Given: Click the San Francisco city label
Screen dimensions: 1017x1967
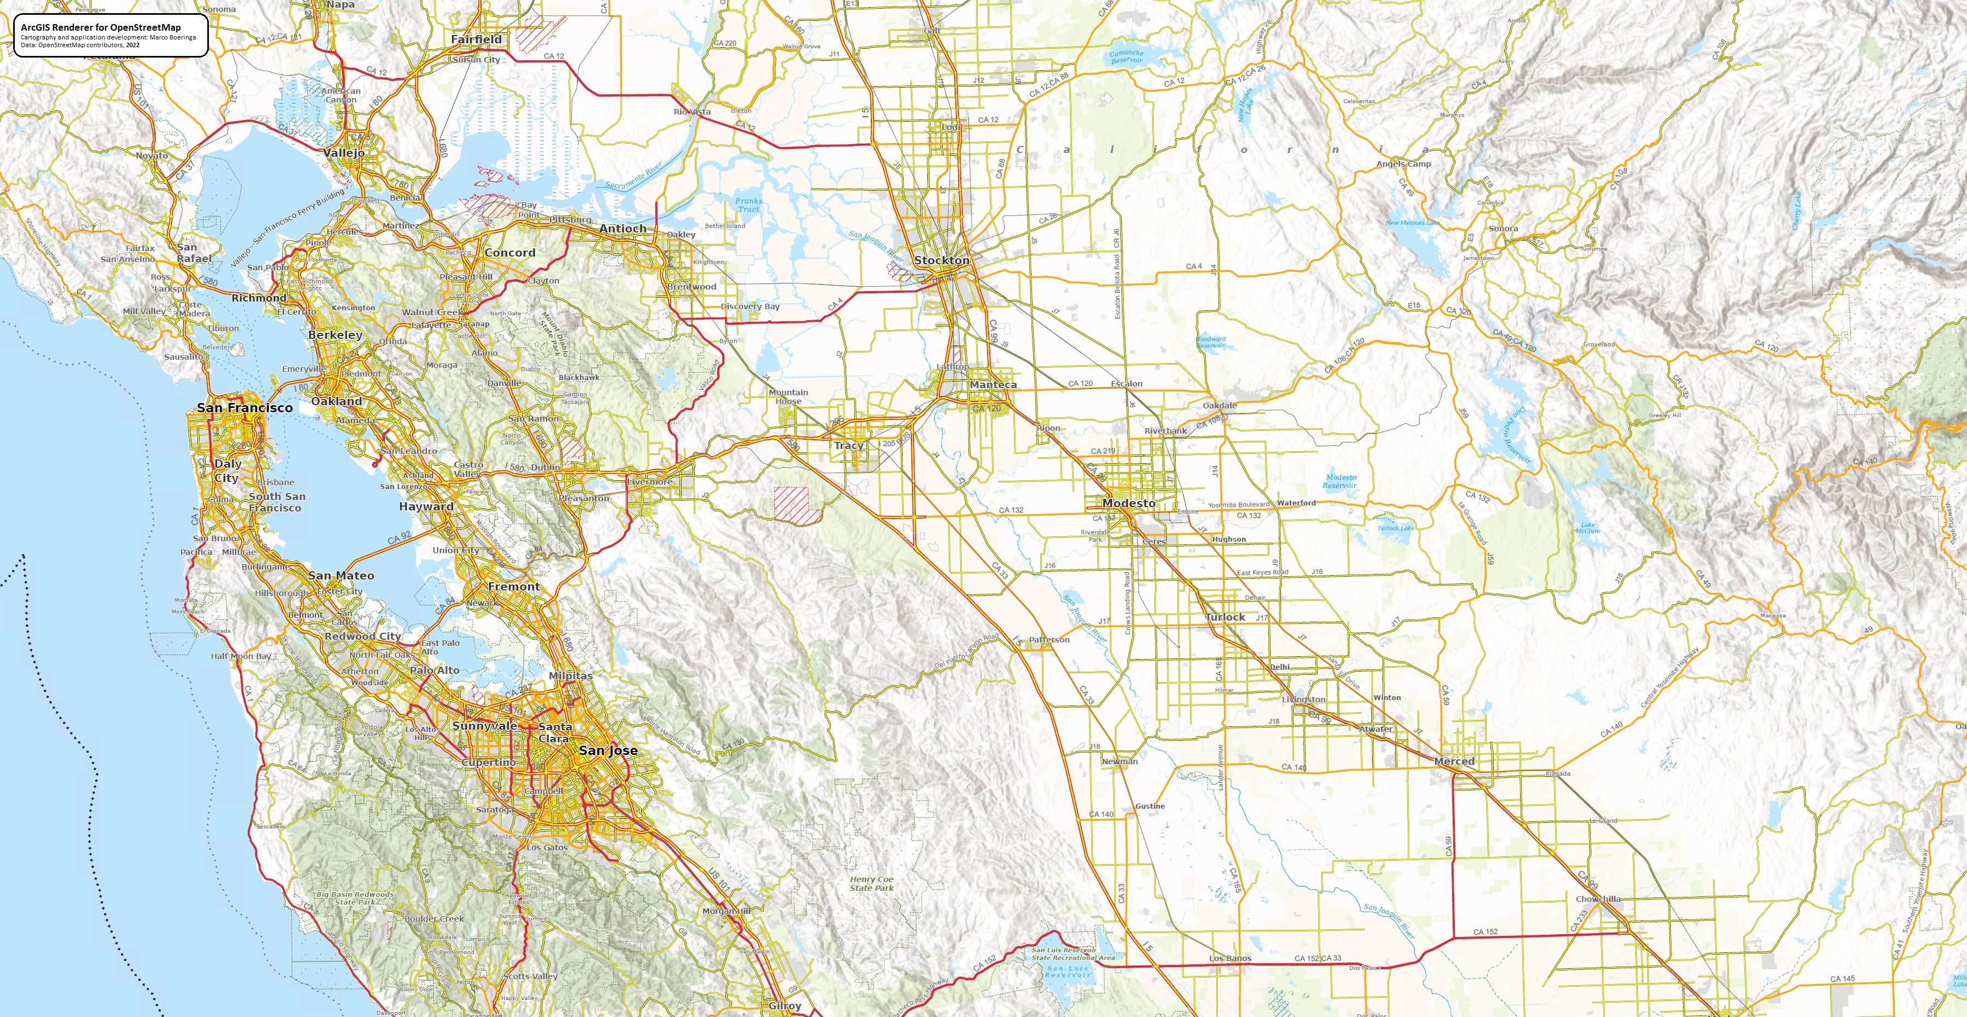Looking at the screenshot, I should pos(245,408).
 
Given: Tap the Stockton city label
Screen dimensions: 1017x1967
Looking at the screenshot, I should pos(942,260).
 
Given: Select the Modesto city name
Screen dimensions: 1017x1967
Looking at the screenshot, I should pos(1129,503).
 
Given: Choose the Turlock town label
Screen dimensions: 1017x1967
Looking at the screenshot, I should pos(1225,617).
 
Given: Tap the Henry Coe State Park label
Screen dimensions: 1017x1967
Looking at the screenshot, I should pos(871,883).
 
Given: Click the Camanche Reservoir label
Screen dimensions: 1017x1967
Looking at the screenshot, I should pos(1126,56).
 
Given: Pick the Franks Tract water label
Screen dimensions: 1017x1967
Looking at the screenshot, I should pos(749,204).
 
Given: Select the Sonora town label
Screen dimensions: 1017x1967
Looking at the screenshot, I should pos(1503,228).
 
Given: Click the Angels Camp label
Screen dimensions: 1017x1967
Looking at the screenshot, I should pos(1403,163).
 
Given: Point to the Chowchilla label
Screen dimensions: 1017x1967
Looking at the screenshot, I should pos(1597,899).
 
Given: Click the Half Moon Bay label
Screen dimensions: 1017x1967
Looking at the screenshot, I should pos(241,656).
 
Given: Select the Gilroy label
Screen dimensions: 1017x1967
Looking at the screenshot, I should pos(784,1005).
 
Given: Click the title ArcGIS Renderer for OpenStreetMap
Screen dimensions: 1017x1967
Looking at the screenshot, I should pos(101,27).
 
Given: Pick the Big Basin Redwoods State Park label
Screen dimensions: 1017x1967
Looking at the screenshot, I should pos(355,898).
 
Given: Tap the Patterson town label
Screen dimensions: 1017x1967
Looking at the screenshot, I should pos(1048,640).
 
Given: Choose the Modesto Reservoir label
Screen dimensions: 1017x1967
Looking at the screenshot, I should pos(1340,481).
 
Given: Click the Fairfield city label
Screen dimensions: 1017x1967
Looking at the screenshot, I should pos(476,39).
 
